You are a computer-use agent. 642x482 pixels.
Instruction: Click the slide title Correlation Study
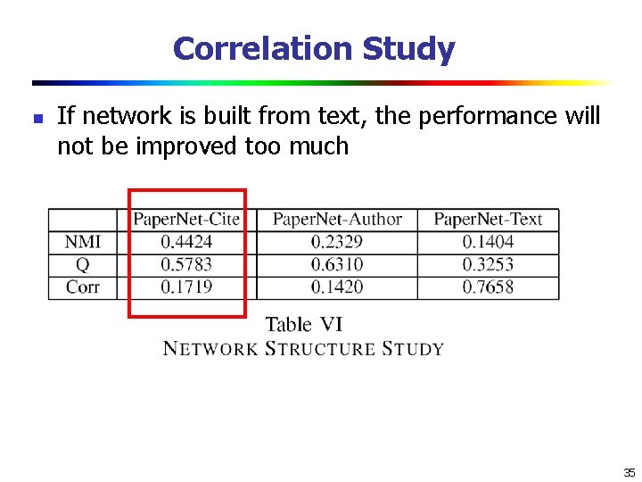pos(314,48)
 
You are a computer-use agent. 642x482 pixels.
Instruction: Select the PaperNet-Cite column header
pos(186,219)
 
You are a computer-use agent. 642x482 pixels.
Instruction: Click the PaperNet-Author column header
pos(337,219)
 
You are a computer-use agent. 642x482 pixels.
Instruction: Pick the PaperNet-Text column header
pos(488,219)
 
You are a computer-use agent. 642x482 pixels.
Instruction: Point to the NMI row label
pos(83,241)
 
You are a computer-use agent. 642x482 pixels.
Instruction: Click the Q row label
pos(83,264)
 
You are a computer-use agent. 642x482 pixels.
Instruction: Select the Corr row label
pos(83,287)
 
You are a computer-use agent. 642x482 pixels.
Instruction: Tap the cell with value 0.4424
pos(186,241)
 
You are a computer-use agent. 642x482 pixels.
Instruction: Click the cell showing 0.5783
pos(186,264)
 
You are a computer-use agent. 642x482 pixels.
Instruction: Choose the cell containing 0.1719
pos(186,287)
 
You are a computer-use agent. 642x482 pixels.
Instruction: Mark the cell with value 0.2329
pos(337,241)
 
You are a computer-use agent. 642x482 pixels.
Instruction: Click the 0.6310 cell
pos(337,264)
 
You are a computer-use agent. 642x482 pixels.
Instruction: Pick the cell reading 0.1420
pos(337,287)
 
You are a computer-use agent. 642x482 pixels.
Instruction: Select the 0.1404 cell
pos(488,241)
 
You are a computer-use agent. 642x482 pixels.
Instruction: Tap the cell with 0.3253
pos(488,264)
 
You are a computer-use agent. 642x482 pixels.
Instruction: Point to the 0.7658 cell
pos(488,287)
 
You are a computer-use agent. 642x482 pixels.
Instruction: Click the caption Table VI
pos(303,325)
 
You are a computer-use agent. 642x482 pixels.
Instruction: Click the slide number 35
pos(629,472)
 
